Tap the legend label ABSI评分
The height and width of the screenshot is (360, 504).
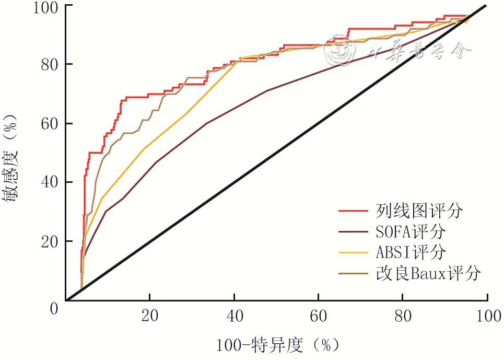tap(410, 252)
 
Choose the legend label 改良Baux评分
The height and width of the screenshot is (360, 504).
tap(428, 273)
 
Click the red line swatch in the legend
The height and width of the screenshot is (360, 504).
tap(354, 211)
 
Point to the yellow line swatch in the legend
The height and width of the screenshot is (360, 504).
tap(354, 252)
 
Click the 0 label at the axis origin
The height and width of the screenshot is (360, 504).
tap(54, 308)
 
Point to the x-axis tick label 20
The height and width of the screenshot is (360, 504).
tap(150, 316)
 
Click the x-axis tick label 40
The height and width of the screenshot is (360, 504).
tap(235, 316)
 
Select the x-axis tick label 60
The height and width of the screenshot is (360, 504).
tap(319, 316)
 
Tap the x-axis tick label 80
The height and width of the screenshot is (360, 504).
tap(403, 316)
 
